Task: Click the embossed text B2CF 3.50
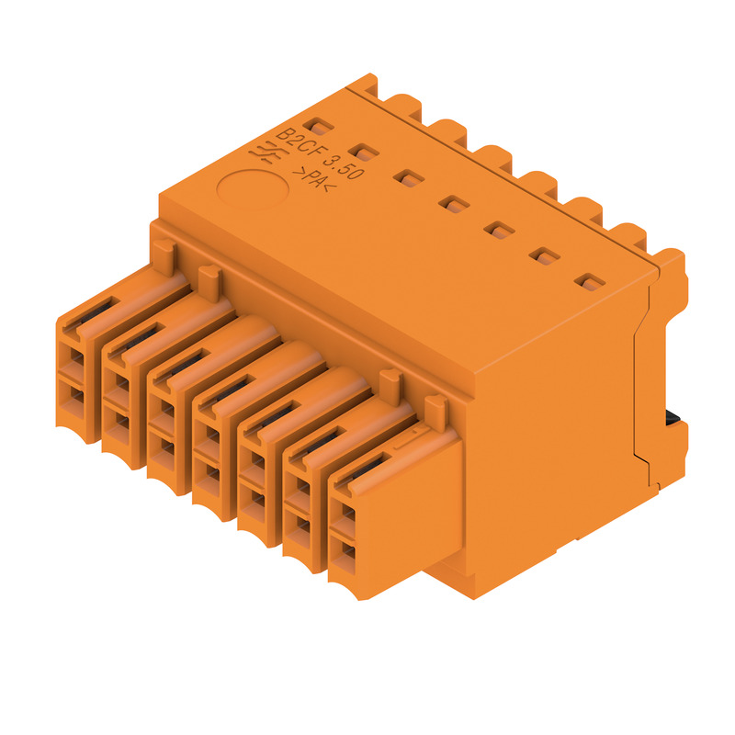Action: click(319, 153)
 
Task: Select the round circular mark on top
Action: click(253, 189)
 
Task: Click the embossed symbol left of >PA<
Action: click(265, 153)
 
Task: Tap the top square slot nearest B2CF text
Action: click(318, 126)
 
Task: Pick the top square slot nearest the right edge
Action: click(590, 282)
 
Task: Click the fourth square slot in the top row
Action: click(454, 204)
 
